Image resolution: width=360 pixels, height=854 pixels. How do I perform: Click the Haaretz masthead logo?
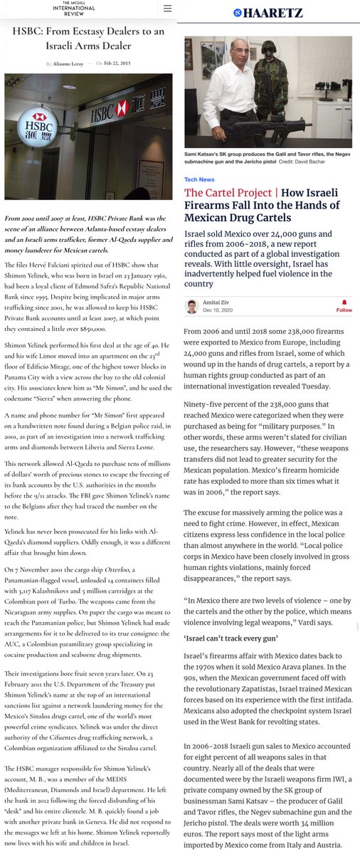click(269, 12)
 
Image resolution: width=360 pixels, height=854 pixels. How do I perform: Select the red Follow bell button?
click(344, 305)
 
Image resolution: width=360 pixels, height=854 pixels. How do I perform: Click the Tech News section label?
click(199, 179)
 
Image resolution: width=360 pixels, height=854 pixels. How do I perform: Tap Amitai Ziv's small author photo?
click(191, 307)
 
